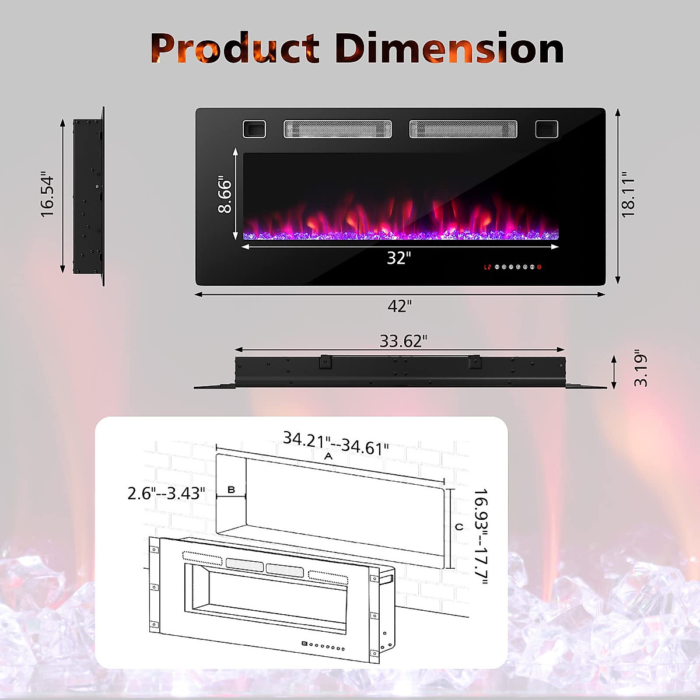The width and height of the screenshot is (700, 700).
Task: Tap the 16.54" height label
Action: (x=47, y=195)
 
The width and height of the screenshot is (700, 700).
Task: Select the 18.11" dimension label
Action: (x=628, y=195)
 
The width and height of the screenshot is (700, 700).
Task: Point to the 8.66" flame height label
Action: (x=225, y=195)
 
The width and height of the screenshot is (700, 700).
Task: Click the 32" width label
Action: (x=399, y=257)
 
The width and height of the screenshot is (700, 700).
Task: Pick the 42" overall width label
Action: (x=400, y=306)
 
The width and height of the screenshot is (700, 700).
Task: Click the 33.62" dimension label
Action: (x=403, y=341)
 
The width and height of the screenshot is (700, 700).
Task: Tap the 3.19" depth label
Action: (x=640, y=369)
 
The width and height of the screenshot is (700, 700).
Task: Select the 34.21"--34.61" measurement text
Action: (x=335, y=443)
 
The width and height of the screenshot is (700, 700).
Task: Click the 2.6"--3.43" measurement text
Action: (x=166, y=494)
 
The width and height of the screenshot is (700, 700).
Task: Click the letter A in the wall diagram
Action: (x=328, y=456)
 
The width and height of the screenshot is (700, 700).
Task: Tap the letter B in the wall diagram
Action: (x=231, y=490)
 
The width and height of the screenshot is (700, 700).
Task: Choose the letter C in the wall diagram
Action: (x=459, y=527)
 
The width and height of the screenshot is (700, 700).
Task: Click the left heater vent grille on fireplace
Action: (x=337, y=129)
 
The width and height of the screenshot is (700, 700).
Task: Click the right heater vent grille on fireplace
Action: (x=463, y=129)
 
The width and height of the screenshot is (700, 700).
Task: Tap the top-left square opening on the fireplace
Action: (x=254, y=129)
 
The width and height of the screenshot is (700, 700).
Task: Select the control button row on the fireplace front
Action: (x=513, y=267)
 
